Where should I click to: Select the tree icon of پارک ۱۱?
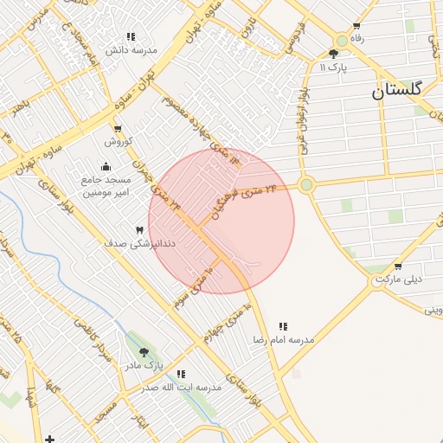pos(333,54)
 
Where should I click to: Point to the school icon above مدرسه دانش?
pos(130,36)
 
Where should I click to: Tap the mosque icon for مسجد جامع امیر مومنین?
pos(106,167)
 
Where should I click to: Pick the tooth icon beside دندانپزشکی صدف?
pos(139,229)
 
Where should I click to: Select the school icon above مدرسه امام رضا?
pos(283,326)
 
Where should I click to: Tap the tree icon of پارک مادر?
pos(144,352)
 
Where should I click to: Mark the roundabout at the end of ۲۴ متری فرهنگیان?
pos(305,183)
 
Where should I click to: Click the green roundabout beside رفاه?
pos(342,40)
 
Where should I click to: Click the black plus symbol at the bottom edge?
pos(49,439)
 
